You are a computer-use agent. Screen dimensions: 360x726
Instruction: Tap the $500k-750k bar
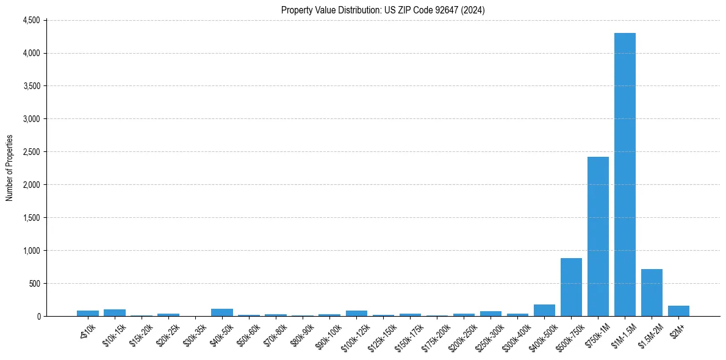pyautogui.click(x=571, y=287)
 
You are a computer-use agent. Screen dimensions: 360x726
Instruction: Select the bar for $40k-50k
pyautogui.click(x=222, y=312)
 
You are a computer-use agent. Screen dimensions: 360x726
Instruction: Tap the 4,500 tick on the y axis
pyautogui.click(x=31, y=20)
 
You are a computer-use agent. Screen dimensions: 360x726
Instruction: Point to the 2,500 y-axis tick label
pyautogui.click(x=31, y=152)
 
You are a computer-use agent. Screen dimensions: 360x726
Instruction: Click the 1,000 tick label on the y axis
pyautogui.click(x=31, y=251)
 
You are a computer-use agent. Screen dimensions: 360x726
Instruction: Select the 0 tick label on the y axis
pyautogui.click(x=38, y=317)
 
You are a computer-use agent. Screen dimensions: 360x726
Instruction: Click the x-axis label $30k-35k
pyautogui.click(x=194, y=333)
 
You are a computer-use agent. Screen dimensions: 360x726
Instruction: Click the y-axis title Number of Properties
pyautogui.click(x=10, y=168)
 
